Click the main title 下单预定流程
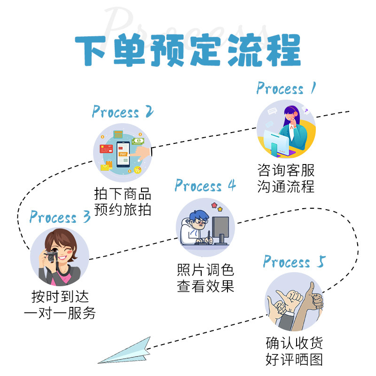(188, 51)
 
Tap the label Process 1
(286, 88)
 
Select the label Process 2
(123, 112)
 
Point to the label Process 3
(60, 217)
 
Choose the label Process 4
(205, 186)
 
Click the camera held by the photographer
(51, 257)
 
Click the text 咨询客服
(286, 170)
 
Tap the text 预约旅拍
(123, 209)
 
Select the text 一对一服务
(60, 313)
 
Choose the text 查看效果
(205, 286)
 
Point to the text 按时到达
(60, 297)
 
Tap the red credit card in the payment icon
(106, 149)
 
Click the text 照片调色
(205, 270)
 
